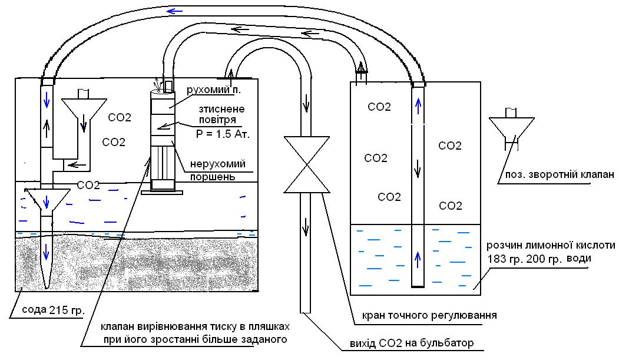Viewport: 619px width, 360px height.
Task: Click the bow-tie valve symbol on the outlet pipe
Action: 306,164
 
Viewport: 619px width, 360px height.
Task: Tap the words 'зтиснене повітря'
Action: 221,114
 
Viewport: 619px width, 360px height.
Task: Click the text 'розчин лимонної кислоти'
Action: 551,245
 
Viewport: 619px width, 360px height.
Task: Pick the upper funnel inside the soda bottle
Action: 83,109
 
